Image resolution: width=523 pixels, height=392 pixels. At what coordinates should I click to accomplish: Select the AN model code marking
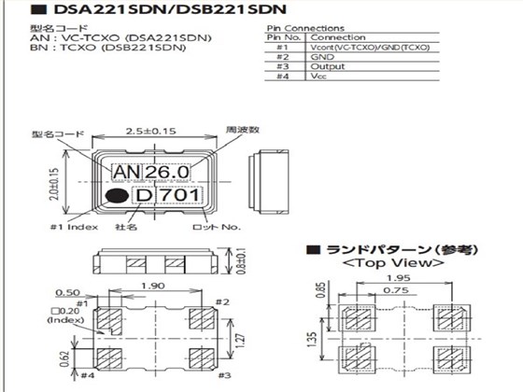[126, 173]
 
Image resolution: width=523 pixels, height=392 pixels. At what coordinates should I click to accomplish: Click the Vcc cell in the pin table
[318, 78]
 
